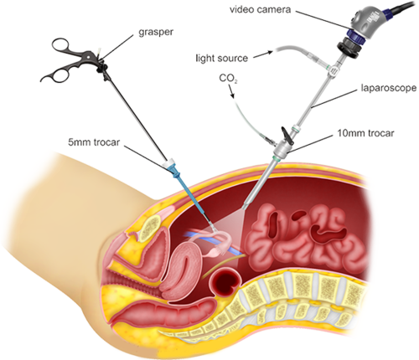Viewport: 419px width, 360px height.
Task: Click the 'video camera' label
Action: click(260, 10)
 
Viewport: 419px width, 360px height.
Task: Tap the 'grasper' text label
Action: click(156, 32)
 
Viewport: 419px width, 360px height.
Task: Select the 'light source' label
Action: click(221, 59)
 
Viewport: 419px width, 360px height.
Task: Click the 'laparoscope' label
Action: click(388, 88)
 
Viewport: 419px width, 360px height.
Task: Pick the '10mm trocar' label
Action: click(365, 133)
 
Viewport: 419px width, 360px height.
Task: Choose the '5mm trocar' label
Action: click(94, 142)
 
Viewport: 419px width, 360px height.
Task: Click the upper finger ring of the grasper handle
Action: click(60, 45)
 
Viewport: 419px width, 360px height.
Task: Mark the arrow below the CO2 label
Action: click(232, 91)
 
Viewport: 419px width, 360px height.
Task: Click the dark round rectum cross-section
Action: click(225, 284)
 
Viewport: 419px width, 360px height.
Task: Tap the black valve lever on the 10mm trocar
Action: click(287, 133)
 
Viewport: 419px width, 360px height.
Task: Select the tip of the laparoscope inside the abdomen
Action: click(245, 207)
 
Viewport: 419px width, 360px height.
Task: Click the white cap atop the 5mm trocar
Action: click(170, 163)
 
